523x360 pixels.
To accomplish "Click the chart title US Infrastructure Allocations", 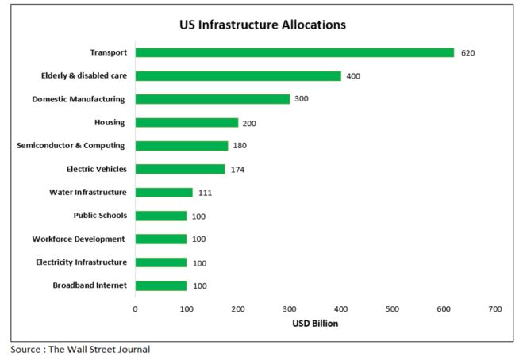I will click(x=262, y=25).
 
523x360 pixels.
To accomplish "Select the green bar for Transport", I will click(x=294, y=52).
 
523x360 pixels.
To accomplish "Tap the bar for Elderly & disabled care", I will click(x=238, y=76).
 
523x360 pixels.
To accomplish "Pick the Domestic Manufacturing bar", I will click(x=212, y=99).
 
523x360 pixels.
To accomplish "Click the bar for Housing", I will click(x=187, y=123).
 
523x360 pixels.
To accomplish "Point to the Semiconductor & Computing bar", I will click(x=181, y=146).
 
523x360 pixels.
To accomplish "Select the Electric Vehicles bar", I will click(x=179, y=169).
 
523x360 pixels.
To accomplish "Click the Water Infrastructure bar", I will click(x=163, y=192).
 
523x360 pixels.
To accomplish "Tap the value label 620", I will click(x=467, y=53).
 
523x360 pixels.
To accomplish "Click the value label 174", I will click(x=237, y=169).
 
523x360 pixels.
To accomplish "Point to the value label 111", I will click(x=205, y=193).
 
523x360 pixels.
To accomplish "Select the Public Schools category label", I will click(x=100, y=216).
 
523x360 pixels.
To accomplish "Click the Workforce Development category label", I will click(x=79, y=239).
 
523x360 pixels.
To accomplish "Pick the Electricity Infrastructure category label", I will click(x=81, y=262).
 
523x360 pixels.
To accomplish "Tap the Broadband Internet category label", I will click(x=90, y=285).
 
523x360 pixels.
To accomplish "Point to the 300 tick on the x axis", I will click(x=290, y=308).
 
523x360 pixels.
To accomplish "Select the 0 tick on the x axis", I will click(x=135, y=308).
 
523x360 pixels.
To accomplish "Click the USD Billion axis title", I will click(x=315, y=324).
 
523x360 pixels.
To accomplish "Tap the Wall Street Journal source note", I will click(x=79, y=349).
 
